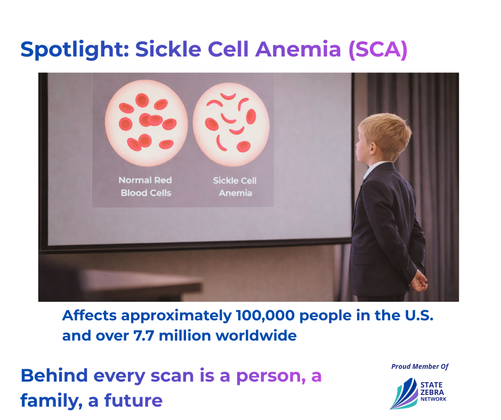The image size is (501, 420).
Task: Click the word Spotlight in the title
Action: (75, 50)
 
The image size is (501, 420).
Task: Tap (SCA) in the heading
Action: (378, 50)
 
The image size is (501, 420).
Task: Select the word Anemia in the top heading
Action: (298, 50)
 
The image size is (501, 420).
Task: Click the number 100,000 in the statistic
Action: (265, 316)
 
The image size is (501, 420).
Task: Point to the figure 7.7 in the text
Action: (144, 336)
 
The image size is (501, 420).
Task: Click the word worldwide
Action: (256, 336)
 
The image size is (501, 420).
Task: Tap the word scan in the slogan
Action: (172, 376)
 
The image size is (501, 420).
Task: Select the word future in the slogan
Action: (133, 400)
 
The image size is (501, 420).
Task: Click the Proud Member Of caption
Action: (420, 367)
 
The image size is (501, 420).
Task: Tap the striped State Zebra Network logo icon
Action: (404, 394)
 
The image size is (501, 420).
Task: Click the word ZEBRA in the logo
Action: (432, 392)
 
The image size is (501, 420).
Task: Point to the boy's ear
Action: (372, 148)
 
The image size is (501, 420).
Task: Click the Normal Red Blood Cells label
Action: (146, 187)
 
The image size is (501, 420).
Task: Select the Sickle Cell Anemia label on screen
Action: (235, 187)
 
